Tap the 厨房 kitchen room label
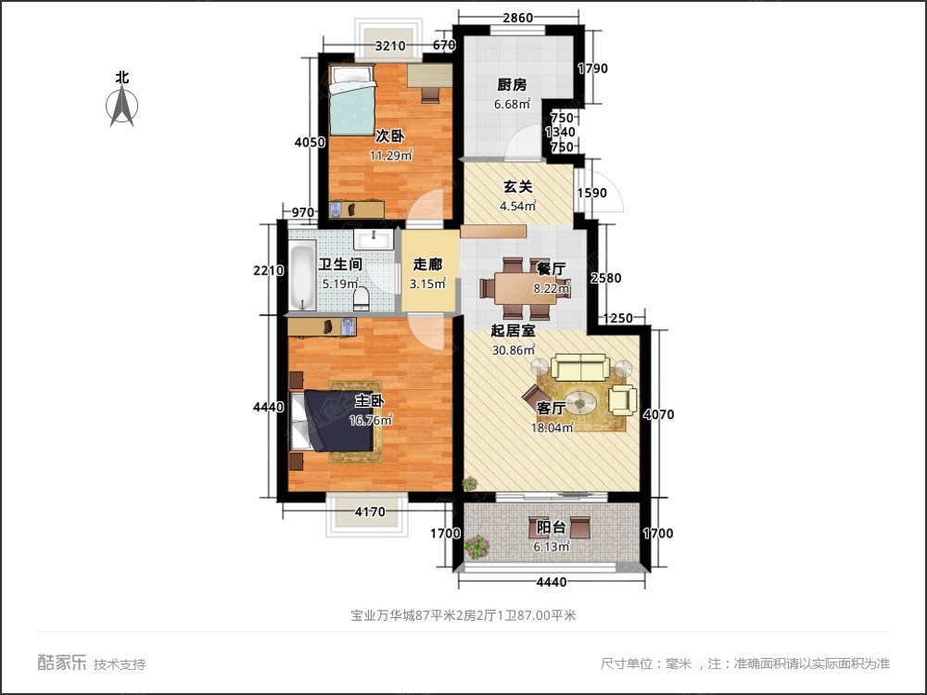512,84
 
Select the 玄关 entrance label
517,186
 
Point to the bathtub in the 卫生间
303,275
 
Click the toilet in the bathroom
362,297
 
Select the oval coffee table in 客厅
582,402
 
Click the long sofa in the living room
580,367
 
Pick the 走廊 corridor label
428,263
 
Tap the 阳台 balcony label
552,528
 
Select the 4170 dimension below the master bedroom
368,511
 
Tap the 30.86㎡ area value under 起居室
514,350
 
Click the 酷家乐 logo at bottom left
62,663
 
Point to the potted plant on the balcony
476,547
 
